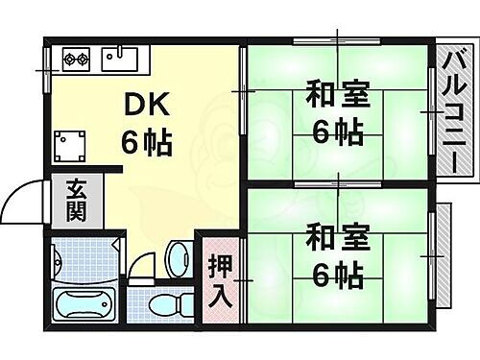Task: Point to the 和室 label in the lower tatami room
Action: [335, 236]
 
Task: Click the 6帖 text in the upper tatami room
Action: [335, 132]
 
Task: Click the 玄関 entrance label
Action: [76, 201]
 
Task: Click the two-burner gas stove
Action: [77, 60]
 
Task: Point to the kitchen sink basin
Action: [125, 60]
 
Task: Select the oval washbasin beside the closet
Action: [178, 257]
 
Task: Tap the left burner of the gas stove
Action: [70, 60]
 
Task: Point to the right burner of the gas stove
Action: [85, 60]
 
